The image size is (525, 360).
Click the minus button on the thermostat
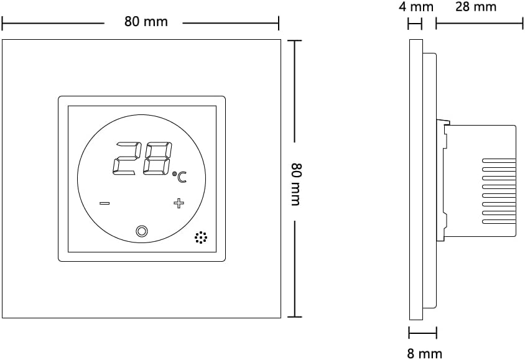coord(105,203)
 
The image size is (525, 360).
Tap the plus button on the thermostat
coord(179,203)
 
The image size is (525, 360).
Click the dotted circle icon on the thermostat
coord(200,238)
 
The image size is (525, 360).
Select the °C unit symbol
coord(179,177)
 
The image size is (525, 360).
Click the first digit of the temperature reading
coord(126,159)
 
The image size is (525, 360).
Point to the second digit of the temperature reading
coord(156,159)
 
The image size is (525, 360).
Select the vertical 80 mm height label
coord(296,184)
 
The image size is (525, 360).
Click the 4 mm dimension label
coord(416,7)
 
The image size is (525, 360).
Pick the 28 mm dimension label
coord(476,7)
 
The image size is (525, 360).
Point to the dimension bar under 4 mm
coord(415,24)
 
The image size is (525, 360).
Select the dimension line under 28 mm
coord(479,24)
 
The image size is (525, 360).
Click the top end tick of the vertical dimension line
coord(294,41)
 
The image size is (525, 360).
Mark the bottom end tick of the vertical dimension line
coord(294,316)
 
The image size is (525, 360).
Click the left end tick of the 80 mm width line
coord(3,24)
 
